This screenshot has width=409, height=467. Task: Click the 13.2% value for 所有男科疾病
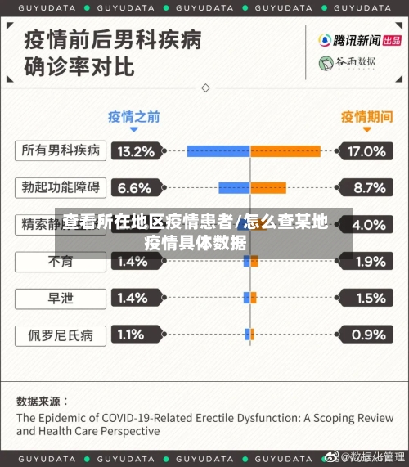click(x=136, y=151)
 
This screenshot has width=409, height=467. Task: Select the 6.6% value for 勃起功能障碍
click(x=136, y=188)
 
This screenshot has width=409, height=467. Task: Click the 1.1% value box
click(x=136, y=335)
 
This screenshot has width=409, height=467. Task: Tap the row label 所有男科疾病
click(x=61, y=151)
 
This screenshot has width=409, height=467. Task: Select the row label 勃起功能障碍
click(x=61, y=188)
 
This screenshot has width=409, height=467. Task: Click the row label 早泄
click(x=61, y=299)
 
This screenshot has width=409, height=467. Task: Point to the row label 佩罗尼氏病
click(x=61, y=335)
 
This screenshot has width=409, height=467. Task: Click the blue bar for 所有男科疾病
click(x=218, y=151)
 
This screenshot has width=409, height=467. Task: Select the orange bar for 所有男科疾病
click(x=285, y=151)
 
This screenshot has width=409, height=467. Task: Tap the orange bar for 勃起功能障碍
click(x=268, y=188)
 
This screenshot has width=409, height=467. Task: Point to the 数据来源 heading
click(x=43, y=402)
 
